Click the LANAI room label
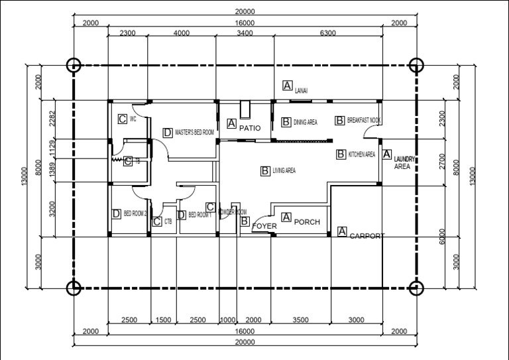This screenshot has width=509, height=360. tap(302, 90)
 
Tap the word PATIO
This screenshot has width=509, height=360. tap(250, 127)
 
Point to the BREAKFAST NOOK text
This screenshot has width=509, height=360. tap(364, 121)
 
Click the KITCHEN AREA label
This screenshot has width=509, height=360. tap(362, 154)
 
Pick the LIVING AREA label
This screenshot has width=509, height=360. tap(284, 171)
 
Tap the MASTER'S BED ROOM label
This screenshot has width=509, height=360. tap(195, 133)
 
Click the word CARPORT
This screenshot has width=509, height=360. tap(367, 236)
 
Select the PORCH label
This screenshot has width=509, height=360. tap(307, 221)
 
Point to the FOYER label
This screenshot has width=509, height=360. tap(265, 226)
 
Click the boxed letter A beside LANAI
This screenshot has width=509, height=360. tap(287, 85)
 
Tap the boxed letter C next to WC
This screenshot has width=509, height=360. tap(122, 119)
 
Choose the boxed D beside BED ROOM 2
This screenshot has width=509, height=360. tap(116, 213)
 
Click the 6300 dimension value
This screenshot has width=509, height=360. tap(327, 32)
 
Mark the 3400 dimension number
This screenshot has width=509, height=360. tap(245, 32)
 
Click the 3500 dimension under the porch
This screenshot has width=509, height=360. tap(300, 320)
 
